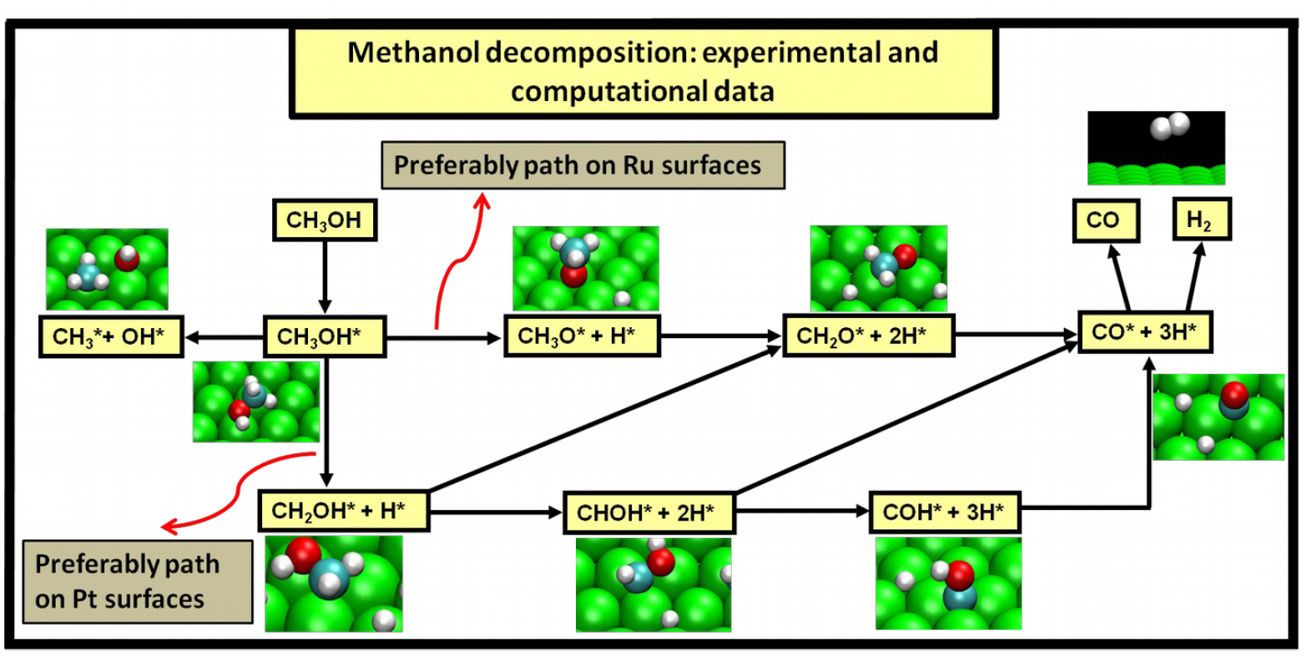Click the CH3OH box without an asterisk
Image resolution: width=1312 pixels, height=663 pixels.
pyautogui.click(x=324, y=220)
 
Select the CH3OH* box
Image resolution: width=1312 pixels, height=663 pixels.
pyautogui.click(x=324, y=337)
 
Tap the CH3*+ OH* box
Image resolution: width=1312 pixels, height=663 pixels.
pyautogui.click(x=111, y=337)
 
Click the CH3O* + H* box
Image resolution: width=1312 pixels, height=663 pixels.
pyautogui.click(x=582, y=336)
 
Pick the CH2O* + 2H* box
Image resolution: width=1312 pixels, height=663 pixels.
pyautogui.click(x=867, y=336)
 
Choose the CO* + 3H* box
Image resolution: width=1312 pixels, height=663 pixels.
pyautogui.click(x=1144, y=332)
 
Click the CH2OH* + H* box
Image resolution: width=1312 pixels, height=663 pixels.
pyautogui.click(x=343, y=510)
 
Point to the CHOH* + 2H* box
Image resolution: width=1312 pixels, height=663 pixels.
pyautogui.click(x=649, y=513)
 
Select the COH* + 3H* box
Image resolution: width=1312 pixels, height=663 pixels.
pyautogui.click(x=945, y=512)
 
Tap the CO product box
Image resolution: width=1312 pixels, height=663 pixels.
pyautogui.click(x=1105, y=220)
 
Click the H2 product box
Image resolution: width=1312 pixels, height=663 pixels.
pyautogui.click(x=1200, y=220)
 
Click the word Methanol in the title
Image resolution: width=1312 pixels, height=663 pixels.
pyautogui.click(x=412, y=53)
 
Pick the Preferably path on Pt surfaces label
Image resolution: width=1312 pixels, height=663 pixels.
pyautogui.click(x=136, y=582)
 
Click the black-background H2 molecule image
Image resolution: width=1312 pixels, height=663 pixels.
pyautogui.click(x=1156, y=148)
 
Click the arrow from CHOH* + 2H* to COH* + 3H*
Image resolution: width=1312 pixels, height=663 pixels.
pyautogui.click(x=801, y=511)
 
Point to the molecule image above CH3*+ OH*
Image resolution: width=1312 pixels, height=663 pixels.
pyautogui.click(x=107, y=269)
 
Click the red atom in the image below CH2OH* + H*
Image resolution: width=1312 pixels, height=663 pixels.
pyautogui.click(x=303, y=552)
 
